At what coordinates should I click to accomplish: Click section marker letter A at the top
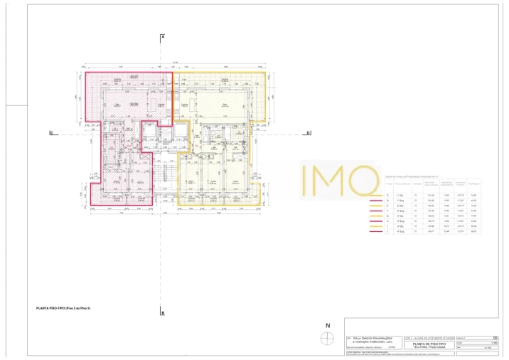point(163,36)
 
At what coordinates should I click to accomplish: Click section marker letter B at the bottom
point(163,312)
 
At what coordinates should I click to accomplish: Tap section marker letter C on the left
point(50,132)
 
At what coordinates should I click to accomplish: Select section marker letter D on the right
point(308,132)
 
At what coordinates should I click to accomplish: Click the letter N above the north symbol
point(328,326)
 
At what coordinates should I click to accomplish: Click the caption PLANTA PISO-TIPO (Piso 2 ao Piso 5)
point(63,308)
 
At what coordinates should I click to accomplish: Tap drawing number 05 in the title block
point(495,338)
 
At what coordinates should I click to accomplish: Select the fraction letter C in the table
point(387,195)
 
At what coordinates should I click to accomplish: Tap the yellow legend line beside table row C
point(373,195)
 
